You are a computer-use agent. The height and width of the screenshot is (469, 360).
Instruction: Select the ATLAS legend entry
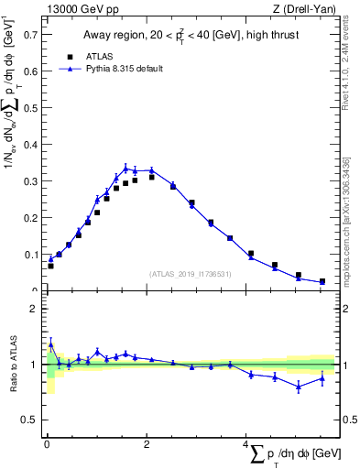pos(84,56)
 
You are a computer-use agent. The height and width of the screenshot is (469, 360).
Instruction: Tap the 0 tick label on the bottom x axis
pos(47,444)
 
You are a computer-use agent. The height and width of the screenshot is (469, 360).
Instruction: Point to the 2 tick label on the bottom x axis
pos(147,444)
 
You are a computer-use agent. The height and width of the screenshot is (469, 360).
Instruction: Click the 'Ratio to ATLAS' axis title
pos(12,365)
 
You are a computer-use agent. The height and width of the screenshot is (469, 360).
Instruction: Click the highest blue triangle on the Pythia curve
pos(125,168)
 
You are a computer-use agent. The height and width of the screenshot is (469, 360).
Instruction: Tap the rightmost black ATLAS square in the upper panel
pos(322,281)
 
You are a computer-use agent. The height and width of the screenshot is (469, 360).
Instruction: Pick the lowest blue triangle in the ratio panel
pos(298,387)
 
